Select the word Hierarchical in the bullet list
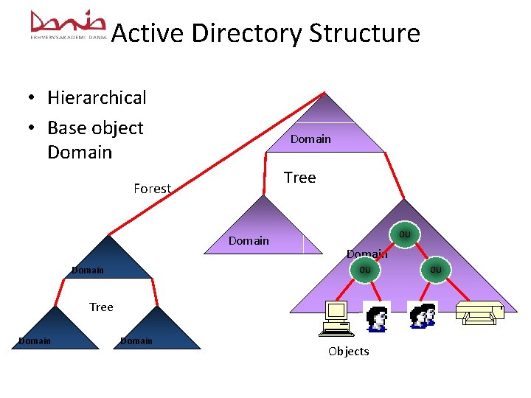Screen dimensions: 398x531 point(97,97)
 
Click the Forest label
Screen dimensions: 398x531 point(152,189)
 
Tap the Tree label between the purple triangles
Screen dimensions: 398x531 point(299,178)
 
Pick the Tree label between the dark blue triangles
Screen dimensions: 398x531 point(101,307)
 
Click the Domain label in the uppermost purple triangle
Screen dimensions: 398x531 point(310,139)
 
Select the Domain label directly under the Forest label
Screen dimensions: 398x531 point(249,240)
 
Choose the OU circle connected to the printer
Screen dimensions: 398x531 point(436,270)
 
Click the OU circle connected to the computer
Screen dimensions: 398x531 point(364,270)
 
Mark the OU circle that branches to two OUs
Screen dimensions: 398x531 point(404,234)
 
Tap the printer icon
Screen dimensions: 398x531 point(479,313)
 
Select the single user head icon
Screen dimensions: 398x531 point(377,317)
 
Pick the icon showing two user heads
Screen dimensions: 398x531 point(423,315)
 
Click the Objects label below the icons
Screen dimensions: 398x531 point(348,352)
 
